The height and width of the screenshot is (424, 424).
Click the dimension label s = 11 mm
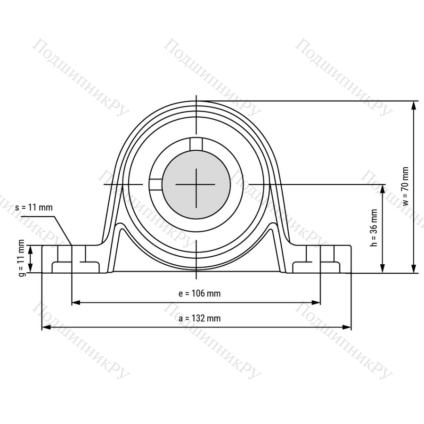[34, 207]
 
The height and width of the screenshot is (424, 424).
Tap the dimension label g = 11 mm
[22, 258]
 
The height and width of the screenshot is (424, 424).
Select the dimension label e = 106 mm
[200, 294]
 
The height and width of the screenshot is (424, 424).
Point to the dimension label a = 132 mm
[200, 318]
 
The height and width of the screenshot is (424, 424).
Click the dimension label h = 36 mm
[374, 228]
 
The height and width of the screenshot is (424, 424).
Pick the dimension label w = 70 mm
[406, 186]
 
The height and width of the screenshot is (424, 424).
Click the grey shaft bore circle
[196, 184]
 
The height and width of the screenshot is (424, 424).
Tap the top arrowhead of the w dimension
[414, 106]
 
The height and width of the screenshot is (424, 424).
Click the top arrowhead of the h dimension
[383, 189]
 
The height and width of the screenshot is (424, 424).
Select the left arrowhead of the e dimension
[76, 302]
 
